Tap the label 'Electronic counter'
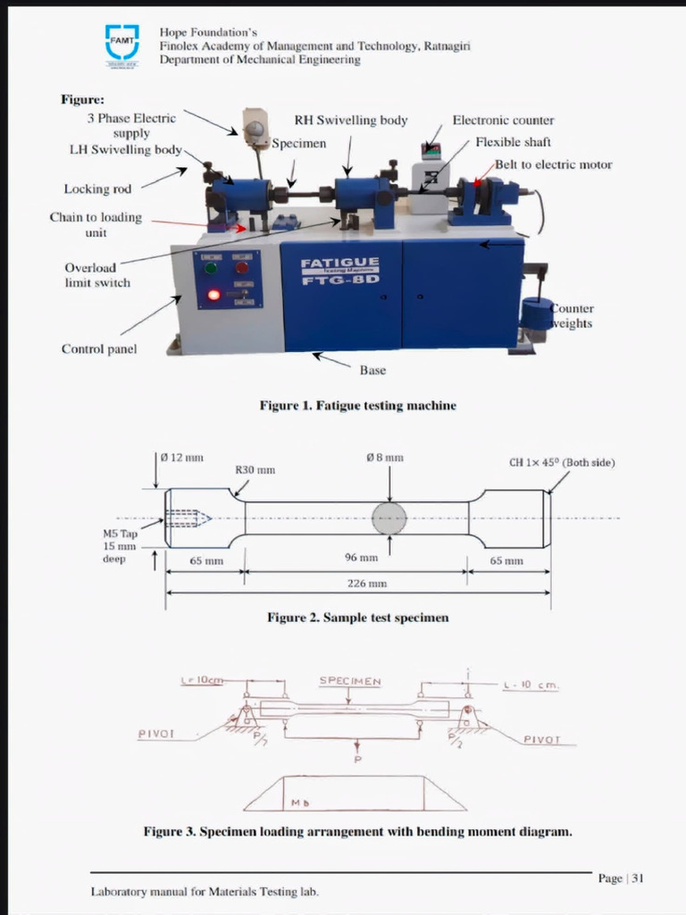coord(503,121)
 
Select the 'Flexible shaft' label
coord(513,142)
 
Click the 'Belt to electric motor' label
coord(554,164)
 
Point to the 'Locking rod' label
coord(97,189)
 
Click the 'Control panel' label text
coord(99,349)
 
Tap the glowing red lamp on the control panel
coord(213,295)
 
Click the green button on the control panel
coord(211,267)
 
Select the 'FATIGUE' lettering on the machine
coord(339,263)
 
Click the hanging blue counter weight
coord(537,315)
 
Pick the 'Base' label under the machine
coord(372,370)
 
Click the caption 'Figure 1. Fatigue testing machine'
coord(357,406)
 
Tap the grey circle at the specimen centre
coord(389,518)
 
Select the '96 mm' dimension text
coord(361,557)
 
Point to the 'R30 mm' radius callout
coord(255,470)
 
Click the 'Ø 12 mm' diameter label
coord(187,457)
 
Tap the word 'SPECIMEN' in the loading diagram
coord(350,682)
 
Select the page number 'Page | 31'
coord(621,878)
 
